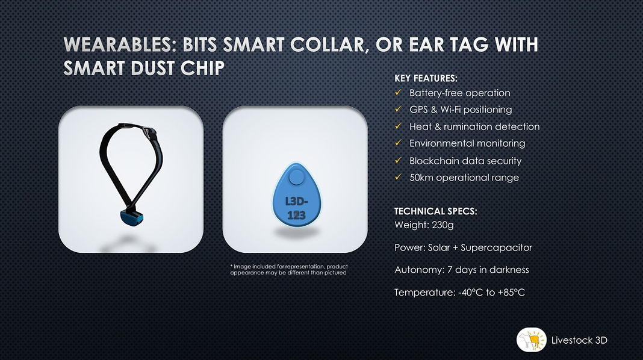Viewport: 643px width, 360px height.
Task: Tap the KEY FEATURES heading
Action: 426,78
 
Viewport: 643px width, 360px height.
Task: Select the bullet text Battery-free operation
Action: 459,93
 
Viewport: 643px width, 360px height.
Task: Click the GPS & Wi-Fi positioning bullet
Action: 461,110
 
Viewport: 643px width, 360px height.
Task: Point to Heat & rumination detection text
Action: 474,126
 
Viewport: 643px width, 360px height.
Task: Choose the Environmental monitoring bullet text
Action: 467,143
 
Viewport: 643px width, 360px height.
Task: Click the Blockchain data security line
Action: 465,161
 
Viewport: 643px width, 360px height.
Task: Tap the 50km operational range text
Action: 464,178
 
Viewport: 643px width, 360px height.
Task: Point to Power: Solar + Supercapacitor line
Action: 463,247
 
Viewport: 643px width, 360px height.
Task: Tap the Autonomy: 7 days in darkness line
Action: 461,270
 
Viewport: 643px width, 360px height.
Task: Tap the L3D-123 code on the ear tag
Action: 295,206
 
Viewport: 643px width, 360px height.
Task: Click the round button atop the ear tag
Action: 295,178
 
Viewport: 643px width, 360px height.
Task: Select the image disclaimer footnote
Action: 289,269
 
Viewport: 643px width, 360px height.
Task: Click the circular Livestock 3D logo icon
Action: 531,340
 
